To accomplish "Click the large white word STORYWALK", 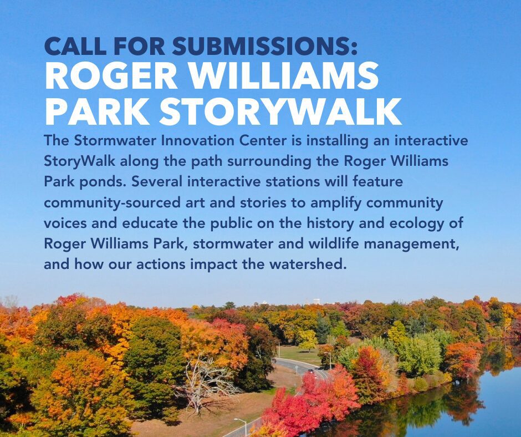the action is pyautogui.click(x=280, y=111).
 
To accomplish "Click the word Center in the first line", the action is pyautogui.click(x=263, y=141).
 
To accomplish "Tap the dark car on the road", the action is pyautogui.click(x=310, y=370).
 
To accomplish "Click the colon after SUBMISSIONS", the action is pyautogui.click(x=353, y=49).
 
